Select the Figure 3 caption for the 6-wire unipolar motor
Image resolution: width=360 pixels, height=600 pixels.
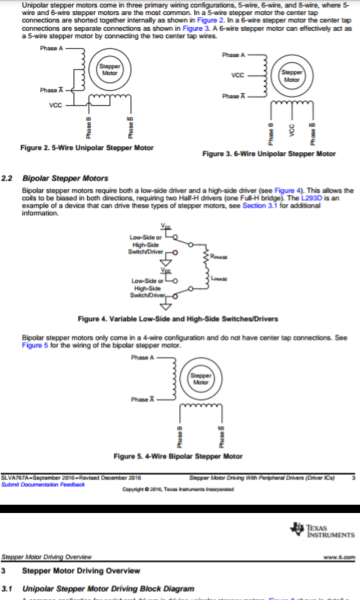(x=269, y=153)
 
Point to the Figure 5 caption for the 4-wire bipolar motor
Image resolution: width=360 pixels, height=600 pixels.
(x=178, y=455)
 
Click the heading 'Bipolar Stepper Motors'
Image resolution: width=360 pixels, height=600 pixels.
(x=65, y=178)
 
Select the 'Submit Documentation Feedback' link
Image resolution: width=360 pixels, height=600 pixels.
(x=43, y=484)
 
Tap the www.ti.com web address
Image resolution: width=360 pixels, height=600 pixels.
(x=338, y=557)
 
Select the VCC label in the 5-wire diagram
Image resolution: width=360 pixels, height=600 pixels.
(x=55, y=105)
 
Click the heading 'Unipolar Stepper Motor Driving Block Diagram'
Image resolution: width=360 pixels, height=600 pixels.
(x=109, y=588)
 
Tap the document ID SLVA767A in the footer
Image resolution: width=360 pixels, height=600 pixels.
(x=16, y=477)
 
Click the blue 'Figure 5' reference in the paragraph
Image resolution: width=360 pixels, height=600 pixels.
(x=36, y=346)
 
